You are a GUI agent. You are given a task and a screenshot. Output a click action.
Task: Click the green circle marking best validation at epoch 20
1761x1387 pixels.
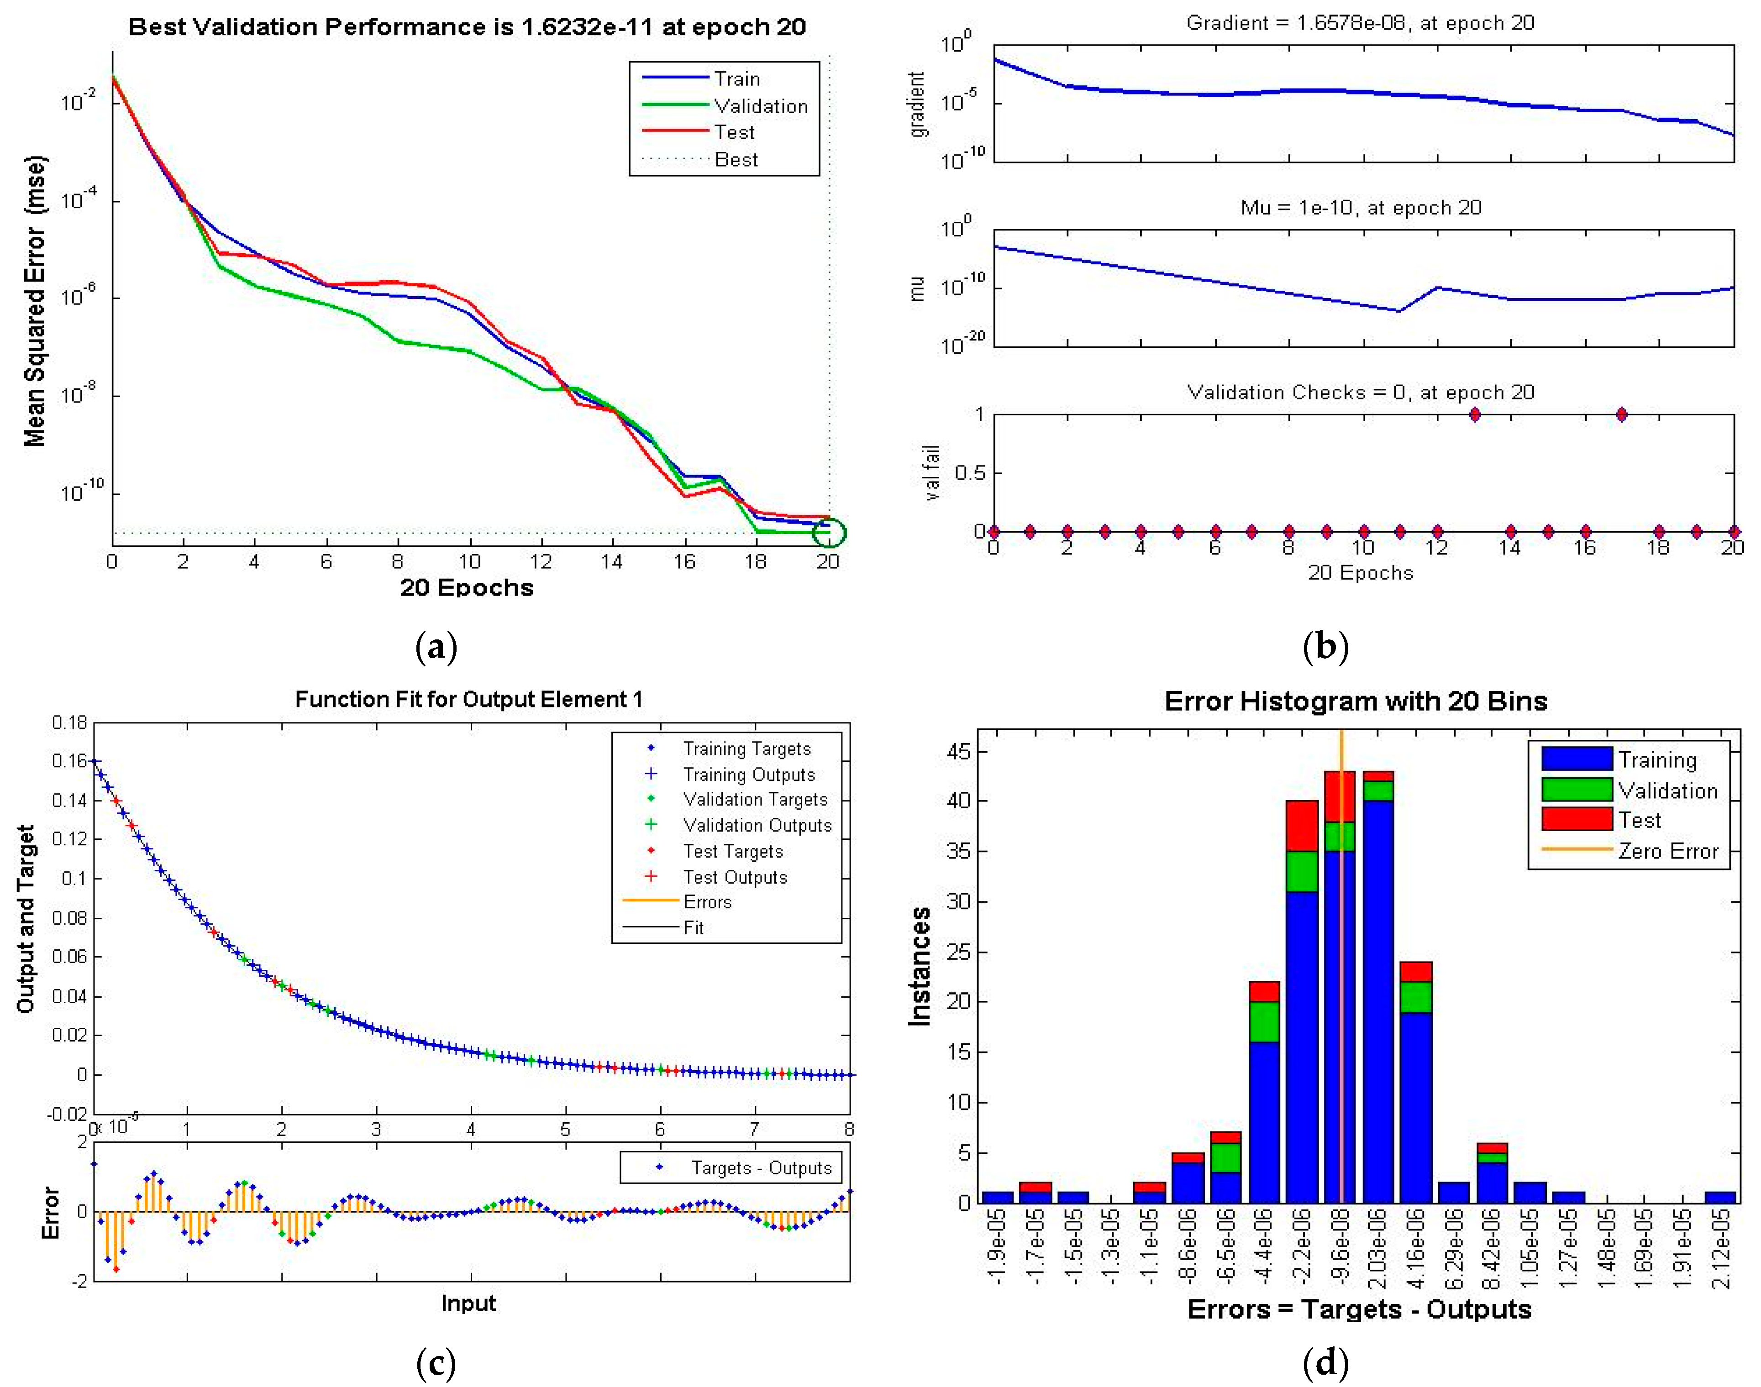coord(829,533)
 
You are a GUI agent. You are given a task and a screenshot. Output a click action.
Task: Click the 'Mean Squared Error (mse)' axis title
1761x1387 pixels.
coord(35,300)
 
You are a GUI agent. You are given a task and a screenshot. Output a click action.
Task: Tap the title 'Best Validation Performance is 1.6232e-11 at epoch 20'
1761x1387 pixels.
coord(467,27)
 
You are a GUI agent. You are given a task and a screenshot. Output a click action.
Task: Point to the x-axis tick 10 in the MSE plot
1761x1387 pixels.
coord(469,561)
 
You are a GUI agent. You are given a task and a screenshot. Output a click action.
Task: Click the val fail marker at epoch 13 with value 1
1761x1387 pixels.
coord(1474,415)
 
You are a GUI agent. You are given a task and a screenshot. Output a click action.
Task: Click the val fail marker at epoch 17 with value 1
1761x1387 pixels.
coord(1621,415)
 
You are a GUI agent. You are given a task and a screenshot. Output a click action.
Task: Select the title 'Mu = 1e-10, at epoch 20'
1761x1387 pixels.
coord(1361,208)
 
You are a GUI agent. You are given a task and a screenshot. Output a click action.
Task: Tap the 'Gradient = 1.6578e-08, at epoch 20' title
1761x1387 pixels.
coord(1361,23)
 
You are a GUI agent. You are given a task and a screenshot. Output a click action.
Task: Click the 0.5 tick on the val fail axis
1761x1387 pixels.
coord(968,473)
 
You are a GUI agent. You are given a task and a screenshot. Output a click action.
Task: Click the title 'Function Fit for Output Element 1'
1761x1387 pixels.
coord(469,699)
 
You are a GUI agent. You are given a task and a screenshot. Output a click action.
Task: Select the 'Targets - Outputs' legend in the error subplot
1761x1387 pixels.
coord(761,1168)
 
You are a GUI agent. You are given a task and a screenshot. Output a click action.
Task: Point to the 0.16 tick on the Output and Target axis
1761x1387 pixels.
coord(70,761)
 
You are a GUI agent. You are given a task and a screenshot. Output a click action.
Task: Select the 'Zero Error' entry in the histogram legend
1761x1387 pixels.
coord(1667,851)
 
